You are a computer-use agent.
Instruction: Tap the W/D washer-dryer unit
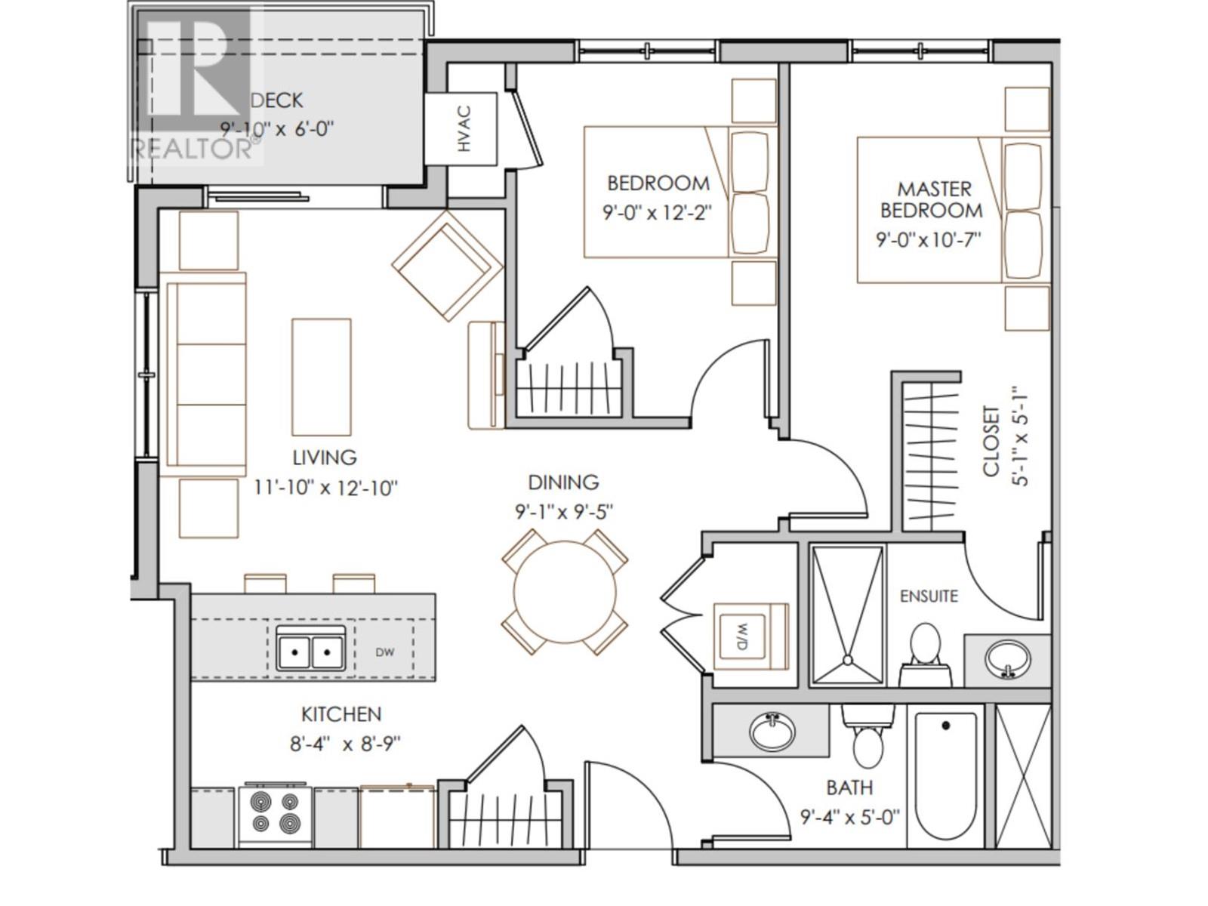[x=750, y=636]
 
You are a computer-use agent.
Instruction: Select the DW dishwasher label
[x=385, y=652]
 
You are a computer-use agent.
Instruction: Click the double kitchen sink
[x=311, y=649]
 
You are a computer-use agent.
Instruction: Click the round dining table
[x=565, y=592]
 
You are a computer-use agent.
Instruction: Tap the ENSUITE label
[x=929, y=596]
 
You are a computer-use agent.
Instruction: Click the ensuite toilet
[x=925, y=655]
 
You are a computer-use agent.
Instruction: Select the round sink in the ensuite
[x=1008, y=659]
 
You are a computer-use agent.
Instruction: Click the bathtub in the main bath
[x=946, y=780]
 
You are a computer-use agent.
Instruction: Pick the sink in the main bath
[x=772, y=732]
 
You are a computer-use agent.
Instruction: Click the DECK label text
[x=277, y=100]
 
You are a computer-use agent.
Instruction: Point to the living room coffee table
[x=322, y=377]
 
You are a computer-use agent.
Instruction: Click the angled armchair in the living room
[x=448, y=266]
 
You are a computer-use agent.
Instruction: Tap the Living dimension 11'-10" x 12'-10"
[x=325, y=488]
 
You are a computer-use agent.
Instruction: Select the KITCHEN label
[x=341, y=714]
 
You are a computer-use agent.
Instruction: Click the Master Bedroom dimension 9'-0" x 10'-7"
[x=929, y=240]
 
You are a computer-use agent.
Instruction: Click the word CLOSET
[x=991, y=441]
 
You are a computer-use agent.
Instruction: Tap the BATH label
[x=849, y=788]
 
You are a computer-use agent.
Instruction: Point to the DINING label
[x=563, y=482]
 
